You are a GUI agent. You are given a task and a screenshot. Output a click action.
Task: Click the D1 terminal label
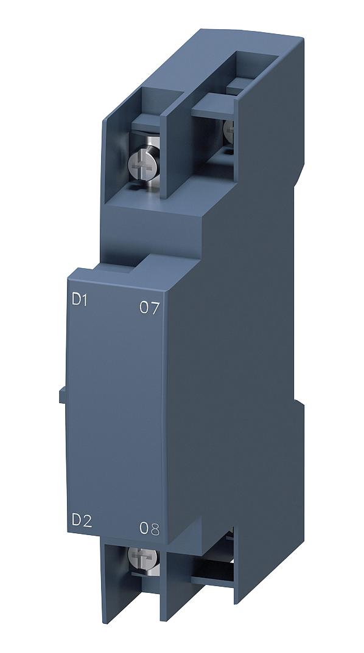(80, 300)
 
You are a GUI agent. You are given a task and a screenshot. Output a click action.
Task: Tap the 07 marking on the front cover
(149, 308)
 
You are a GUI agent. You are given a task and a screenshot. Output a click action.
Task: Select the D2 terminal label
(82, 520)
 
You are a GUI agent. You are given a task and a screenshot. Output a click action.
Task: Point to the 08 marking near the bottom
(149, 528)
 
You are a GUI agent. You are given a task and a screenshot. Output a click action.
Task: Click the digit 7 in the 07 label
(155, 308)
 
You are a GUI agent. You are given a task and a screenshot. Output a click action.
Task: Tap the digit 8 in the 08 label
(155, 528)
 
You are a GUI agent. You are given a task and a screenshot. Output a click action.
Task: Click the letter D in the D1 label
(76, 300)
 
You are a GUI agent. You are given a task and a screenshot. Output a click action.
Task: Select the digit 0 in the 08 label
(144, 528)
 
